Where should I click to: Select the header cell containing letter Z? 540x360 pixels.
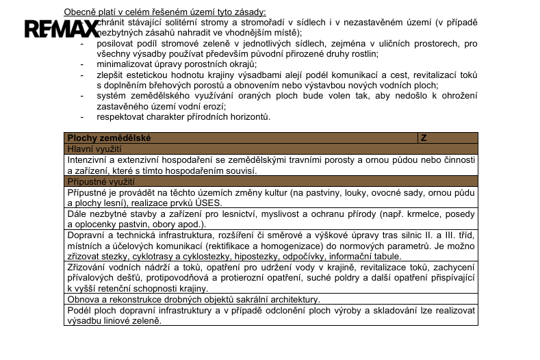(x=424, y=138)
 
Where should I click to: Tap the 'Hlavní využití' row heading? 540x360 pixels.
(x=94, y=149)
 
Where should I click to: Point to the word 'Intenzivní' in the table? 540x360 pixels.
(x=88, y=159)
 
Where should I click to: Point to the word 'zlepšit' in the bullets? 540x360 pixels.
(x=110, y=75)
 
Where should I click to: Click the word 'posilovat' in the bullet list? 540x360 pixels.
(x=116, y=43)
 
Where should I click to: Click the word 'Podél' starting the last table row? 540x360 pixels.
(x=79, y=310)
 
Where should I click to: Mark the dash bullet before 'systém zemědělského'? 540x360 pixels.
(x=83, y=96)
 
